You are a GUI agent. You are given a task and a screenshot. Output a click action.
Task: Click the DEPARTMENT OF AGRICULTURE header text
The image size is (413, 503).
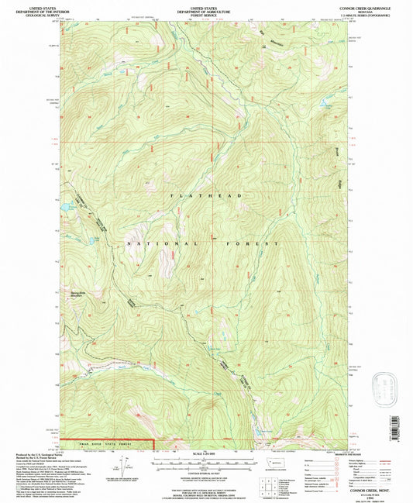coord(205,9)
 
